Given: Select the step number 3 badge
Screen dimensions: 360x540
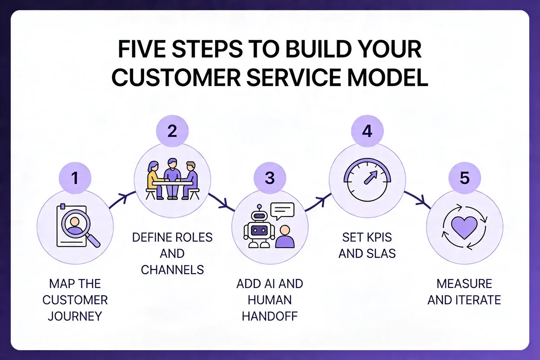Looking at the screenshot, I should (x=270, y=178).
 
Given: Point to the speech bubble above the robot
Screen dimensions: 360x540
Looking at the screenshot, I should (x=283, y=211).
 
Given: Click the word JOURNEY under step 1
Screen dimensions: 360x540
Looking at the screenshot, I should (x=75, y=315).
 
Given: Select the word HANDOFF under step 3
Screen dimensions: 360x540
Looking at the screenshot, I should (x=270, y=315).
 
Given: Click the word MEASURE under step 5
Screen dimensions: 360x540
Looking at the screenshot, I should (x=464, y=283).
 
